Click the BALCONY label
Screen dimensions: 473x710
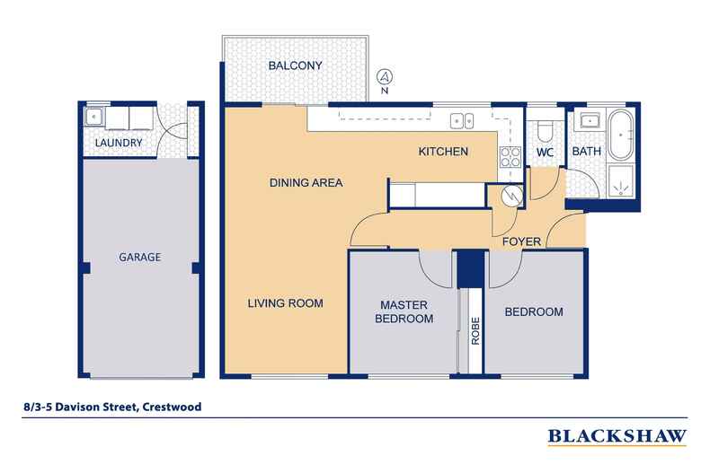[294, 66]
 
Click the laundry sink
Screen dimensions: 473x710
[93, 117]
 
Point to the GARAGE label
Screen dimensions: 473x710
[139, 257]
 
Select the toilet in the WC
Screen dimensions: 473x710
[543, 130]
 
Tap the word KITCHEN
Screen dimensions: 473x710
[443, 153]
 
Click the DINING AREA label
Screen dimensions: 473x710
[306, 183]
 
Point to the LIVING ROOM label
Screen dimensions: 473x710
[285, 302]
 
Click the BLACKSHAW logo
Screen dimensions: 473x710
[617, 437]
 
